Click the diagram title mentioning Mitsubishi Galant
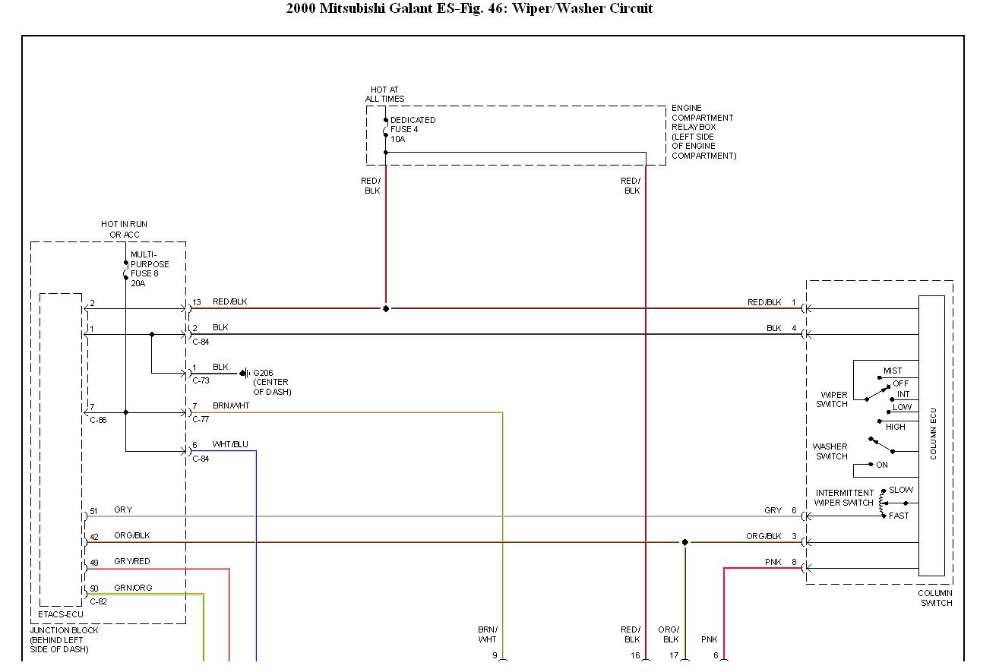(469, 9)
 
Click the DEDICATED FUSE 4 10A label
(413, 130)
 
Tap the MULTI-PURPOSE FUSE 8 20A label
(150, 269)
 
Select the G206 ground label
(270, 382)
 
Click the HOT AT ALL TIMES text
(384, 94)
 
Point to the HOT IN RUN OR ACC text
(124, 229)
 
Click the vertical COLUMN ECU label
(933, 434)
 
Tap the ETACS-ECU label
(61, 614)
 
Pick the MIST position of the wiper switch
(893, 371)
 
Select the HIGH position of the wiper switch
(895, 427)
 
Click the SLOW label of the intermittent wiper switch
(900, 490)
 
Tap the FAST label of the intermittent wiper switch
(899, 516)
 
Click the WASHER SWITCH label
(830, 452)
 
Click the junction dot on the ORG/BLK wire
(684, 542)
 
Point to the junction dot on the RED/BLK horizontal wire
(385, 308)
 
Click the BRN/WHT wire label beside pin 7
(231, 406)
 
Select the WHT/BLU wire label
(230, 445)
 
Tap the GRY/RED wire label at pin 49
(132, 562)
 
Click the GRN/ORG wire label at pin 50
(133, 588)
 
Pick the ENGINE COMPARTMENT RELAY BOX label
(703, 132)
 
